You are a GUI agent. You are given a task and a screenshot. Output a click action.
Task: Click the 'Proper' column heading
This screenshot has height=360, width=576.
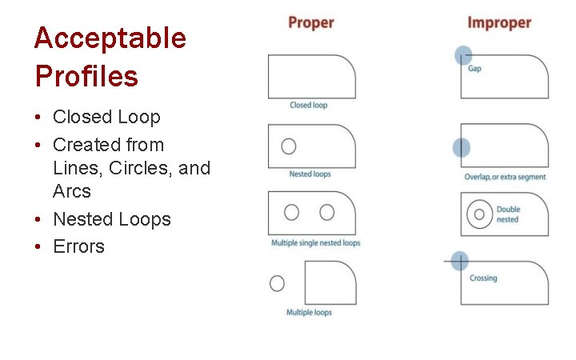(311, 22)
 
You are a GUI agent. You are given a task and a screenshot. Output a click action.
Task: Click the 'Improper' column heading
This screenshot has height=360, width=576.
(499, 22)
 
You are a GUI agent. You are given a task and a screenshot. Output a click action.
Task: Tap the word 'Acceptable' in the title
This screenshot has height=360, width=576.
(110, 38)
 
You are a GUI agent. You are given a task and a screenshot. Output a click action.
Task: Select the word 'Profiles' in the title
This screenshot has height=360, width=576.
(86, 76)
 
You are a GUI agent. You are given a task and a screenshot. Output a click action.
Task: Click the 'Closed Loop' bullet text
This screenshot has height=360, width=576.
(106, 117)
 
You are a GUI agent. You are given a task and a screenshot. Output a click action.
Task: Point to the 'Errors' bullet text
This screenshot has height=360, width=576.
(78, 246)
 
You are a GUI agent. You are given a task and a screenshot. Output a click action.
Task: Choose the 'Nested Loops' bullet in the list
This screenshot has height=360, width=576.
(112, 219)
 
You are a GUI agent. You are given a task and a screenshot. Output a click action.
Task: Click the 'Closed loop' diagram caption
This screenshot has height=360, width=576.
(308, 105)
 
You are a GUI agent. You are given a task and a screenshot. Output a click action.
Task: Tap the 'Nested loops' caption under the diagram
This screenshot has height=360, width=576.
(310, 174)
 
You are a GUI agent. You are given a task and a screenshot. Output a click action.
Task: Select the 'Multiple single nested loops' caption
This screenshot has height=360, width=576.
(315, 242)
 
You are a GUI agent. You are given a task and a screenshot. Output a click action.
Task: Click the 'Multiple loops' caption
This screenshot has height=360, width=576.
(309, 312)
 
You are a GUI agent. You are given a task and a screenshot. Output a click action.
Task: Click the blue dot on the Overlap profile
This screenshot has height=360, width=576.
(461, 147)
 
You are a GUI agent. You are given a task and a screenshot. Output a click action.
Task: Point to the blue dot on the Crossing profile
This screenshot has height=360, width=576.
(459, 260)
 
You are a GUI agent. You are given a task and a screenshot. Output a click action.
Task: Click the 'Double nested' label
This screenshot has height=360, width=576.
(508, 214)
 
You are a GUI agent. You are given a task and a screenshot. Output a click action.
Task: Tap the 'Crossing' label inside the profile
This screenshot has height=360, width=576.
(483, 278)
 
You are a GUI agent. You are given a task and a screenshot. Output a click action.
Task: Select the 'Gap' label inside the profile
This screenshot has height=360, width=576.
(474, 69)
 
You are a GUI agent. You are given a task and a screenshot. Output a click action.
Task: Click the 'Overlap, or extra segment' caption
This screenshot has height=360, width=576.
(505, 177)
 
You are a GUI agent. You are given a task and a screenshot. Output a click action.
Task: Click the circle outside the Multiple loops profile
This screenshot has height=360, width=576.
(277, 283)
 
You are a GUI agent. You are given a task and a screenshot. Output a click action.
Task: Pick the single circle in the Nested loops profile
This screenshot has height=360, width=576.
(289, 146)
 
